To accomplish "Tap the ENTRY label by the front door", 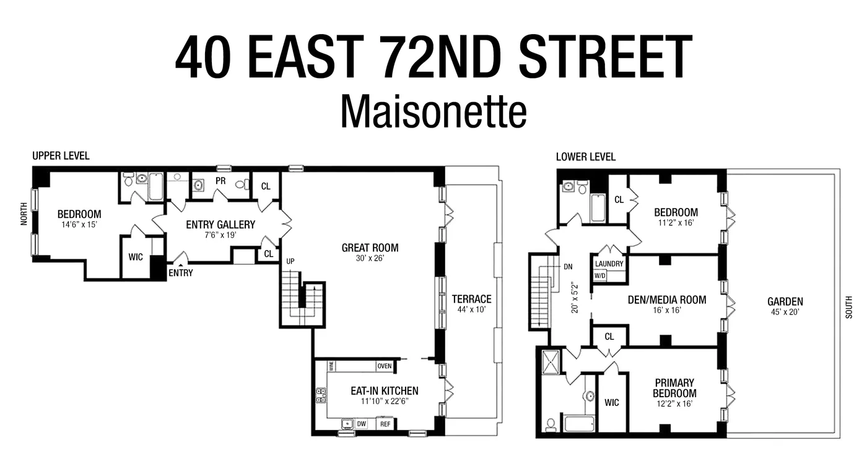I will coord(181,272).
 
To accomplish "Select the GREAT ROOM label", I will coord(370,248).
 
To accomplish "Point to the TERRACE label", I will coord(471,299).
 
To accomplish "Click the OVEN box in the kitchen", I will coord(384,366).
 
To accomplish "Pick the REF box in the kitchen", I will coord(385,424).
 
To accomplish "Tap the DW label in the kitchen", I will coord(362,424).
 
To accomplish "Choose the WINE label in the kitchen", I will coord(332,366).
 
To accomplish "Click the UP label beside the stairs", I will coord(290,262).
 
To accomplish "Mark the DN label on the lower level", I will coord(568,267).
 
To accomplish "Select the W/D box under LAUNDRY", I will coord(600,275).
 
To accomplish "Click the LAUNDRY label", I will coord(609,264).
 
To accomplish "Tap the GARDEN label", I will coord(785,301).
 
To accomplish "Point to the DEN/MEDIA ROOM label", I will coord(667,300).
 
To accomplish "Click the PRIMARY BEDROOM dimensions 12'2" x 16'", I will coord(674,403).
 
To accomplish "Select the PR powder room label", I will coord(220,181).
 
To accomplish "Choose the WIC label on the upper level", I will coord(136,256).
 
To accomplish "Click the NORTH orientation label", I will coord(24,214).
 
